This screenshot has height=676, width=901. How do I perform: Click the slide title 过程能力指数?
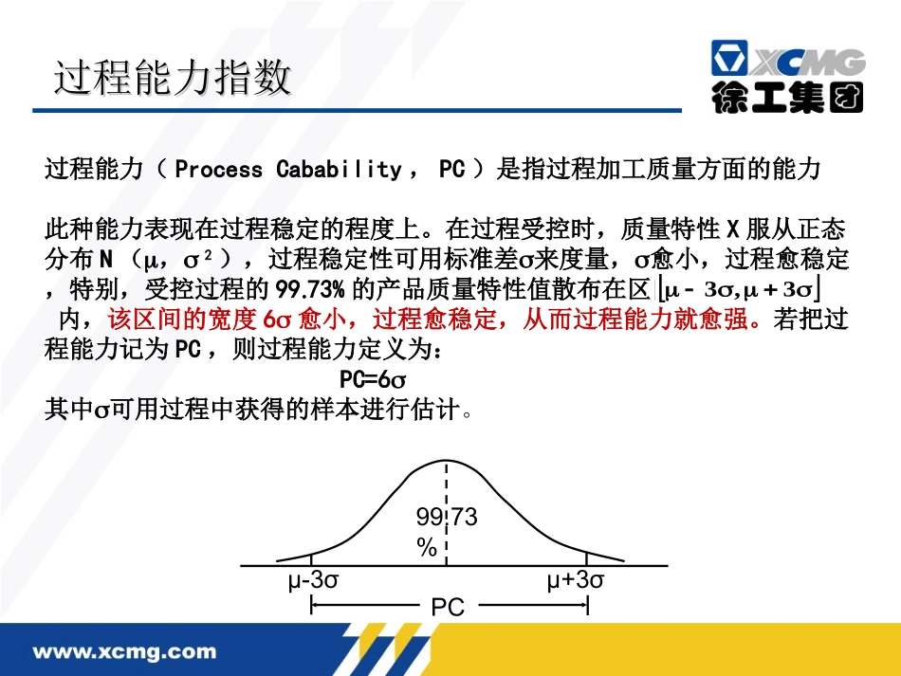point(173,78)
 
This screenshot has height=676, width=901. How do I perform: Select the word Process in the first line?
point(219,171)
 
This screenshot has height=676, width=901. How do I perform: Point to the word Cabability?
point(339,171)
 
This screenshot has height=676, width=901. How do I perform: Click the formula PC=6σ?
point(373,379)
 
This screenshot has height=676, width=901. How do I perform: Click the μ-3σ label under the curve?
point(313,580)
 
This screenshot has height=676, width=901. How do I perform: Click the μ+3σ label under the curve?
point(575,580)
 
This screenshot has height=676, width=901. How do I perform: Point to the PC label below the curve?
point(448,607)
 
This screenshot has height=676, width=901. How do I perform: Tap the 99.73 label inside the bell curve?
point(447,518)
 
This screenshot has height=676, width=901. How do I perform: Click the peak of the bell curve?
point(447,462)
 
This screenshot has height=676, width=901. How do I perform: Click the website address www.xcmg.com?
point(125,652)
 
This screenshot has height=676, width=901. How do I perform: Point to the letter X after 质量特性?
point(731,230)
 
